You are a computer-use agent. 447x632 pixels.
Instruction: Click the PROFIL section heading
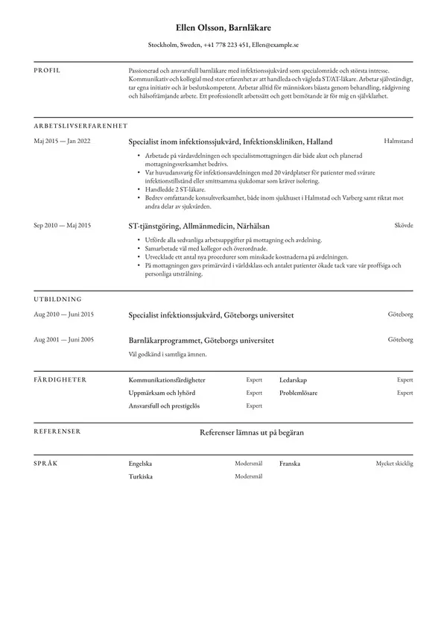(x=47, y=70)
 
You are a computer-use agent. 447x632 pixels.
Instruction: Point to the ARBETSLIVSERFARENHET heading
(x=80, y=125)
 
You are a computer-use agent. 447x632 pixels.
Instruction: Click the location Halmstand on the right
(x=398, y=141)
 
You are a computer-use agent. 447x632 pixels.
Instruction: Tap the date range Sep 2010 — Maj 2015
(x=63, y=225)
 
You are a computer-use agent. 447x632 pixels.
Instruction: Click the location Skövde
(x=403, y=225)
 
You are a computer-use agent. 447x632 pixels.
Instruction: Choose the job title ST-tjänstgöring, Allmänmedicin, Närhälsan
(x=199, y=226)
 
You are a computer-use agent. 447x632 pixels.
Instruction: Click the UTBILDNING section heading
(x=60, y=299)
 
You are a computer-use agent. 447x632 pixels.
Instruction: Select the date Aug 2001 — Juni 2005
(x=63, y=340)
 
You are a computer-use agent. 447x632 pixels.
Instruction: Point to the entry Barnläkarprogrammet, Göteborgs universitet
(x=201, y=341)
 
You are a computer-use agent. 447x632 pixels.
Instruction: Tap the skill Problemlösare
(x=298, y=393)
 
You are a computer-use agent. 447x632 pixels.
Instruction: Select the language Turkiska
(x=141, y=476)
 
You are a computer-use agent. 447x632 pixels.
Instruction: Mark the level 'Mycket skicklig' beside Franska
(x=394, y=463)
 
